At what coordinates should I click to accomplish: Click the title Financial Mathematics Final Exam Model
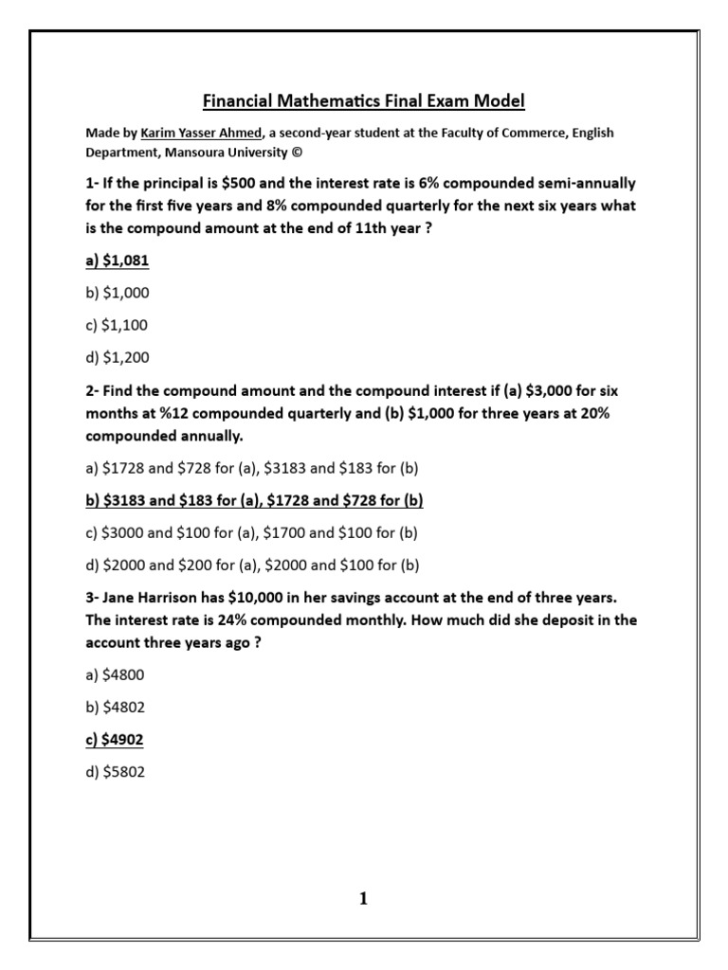pyautogui.click(x=364, y=100)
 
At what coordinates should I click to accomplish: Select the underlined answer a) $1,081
pyautogui.click(x=118, y=260)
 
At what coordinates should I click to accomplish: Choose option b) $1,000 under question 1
pyautogui.click(x=118, y=293)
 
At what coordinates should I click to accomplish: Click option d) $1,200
pyautogui.click(x=118, y=357)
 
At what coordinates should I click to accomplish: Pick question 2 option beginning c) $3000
pyautogui.click(x=251, y=531)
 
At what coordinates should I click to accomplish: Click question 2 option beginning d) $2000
pyautogui.click(x=251, y=565)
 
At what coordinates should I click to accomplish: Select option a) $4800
pyautogui.click(x=115, y=674)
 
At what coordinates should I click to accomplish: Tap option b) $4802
pyautogui.click(x=115, y=707)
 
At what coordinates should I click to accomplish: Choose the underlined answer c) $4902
pyautogui.click(x=115, y=739)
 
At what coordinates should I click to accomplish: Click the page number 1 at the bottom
pyautogui.click(x=362, y=899)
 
